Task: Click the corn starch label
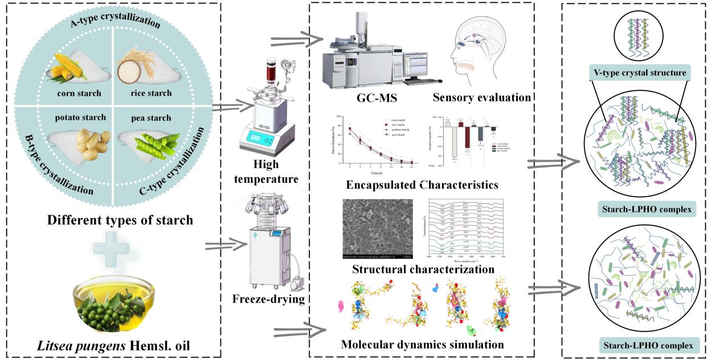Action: coord(79,93)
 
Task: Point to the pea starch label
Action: coord(151,118)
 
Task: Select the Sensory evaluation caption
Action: coord(481,97)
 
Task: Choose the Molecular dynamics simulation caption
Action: coord(422,345)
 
